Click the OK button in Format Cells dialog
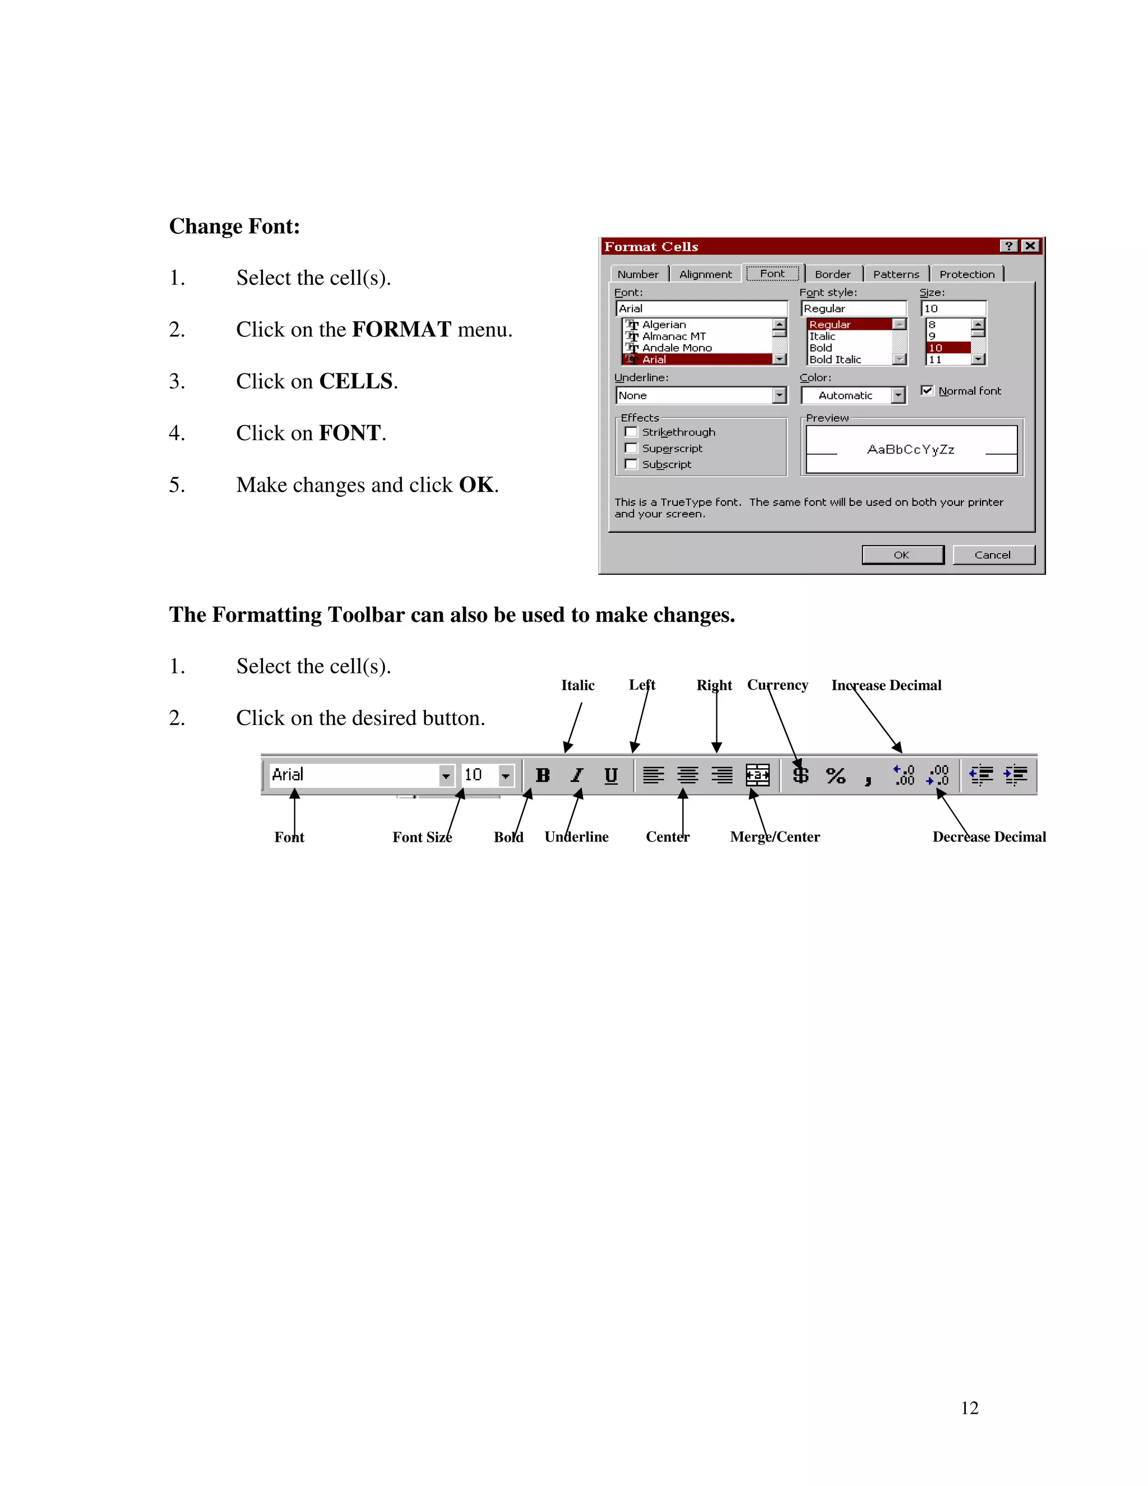(x=902, y=555)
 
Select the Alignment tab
(x=705, y=274)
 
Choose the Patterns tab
(x=896, y=274)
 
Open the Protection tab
(x=966, y=274)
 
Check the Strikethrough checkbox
(x=631, y=432)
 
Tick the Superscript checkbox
(x=631, y=449)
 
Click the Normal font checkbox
(x=927, y=390)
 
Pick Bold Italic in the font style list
(x=835, y=359)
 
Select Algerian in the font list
(x=664, y=325)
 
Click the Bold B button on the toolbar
(x=543, y=775)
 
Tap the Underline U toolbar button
(x=611, y=775)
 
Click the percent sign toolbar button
(x=835, y=775)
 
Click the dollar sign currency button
(x=801, y=775)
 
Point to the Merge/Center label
(x=775, y=837)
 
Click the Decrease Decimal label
(x=989, y=837)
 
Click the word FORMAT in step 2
(x=401, y=329)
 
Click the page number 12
(x=969, y=1409)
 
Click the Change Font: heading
(x=235, y=226)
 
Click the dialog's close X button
(x=1030, y=246)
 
